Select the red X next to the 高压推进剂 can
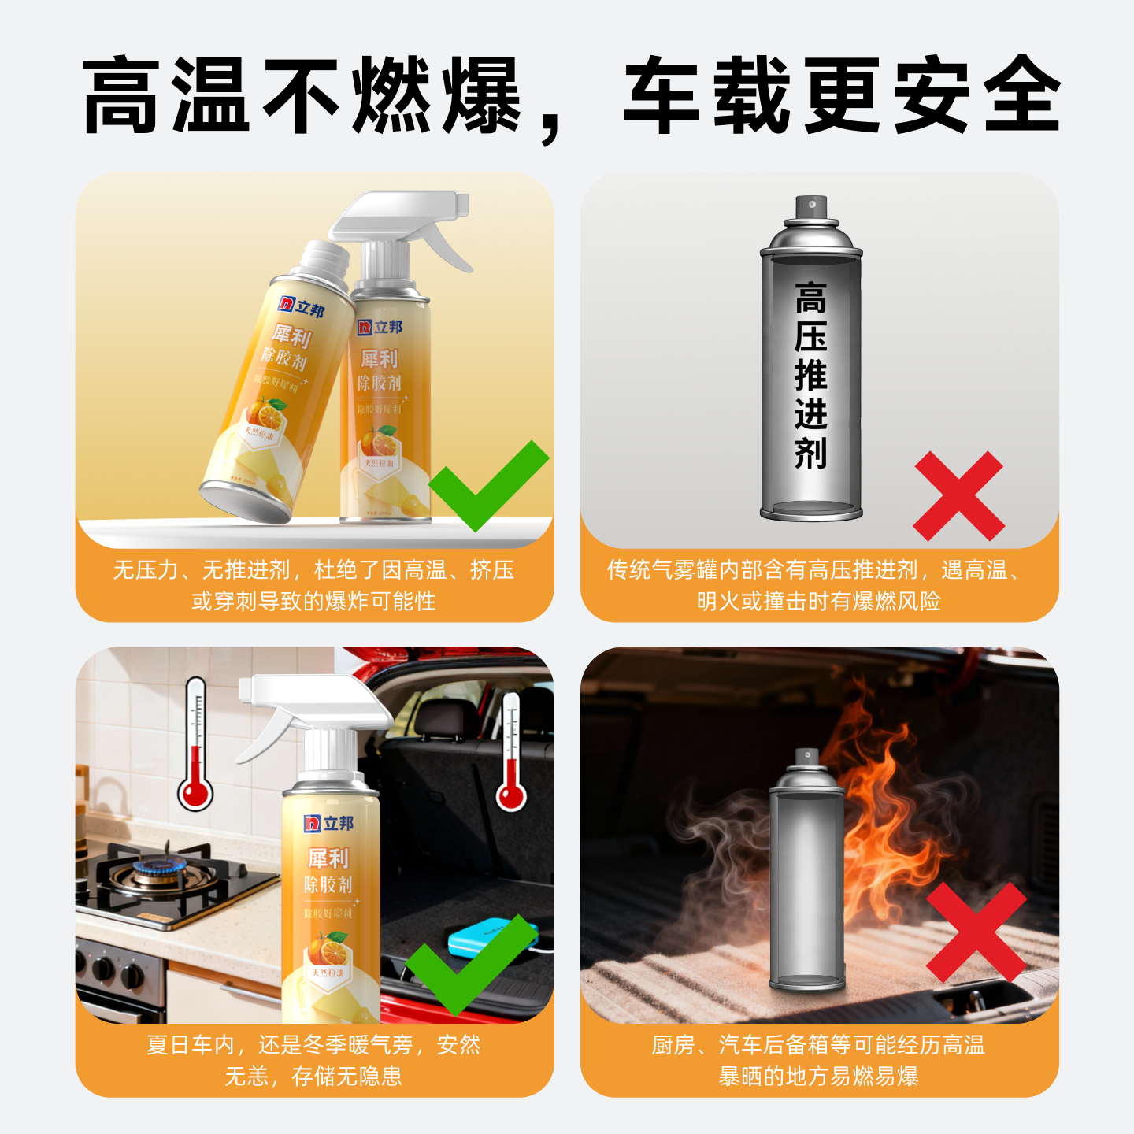pos(958,496)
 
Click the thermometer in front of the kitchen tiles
pos(195,744)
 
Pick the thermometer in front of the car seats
pos(511,752)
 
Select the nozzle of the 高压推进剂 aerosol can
pos(811,206)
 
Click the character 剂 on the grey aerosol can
pos(811,454)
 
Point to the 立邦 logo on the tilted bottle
pos(302,307)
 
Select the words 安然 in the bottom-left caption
pos(458,1045)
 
